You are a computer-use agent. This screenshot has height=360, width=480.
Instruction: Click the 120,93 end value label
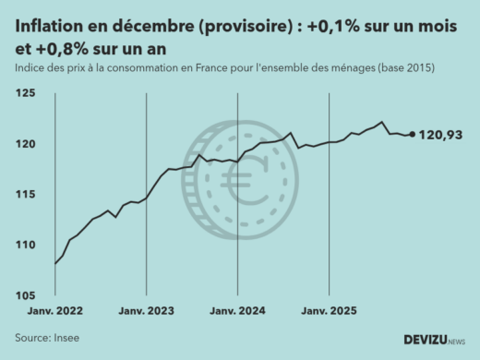440,136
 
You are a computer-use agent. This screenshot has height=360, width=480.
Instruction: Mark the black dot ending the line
412,134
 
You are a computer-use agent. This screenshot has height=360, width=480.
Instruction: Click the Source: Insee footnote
47,338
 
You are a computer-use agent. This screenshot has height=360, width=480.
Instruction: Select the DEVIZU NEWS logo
435,340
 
